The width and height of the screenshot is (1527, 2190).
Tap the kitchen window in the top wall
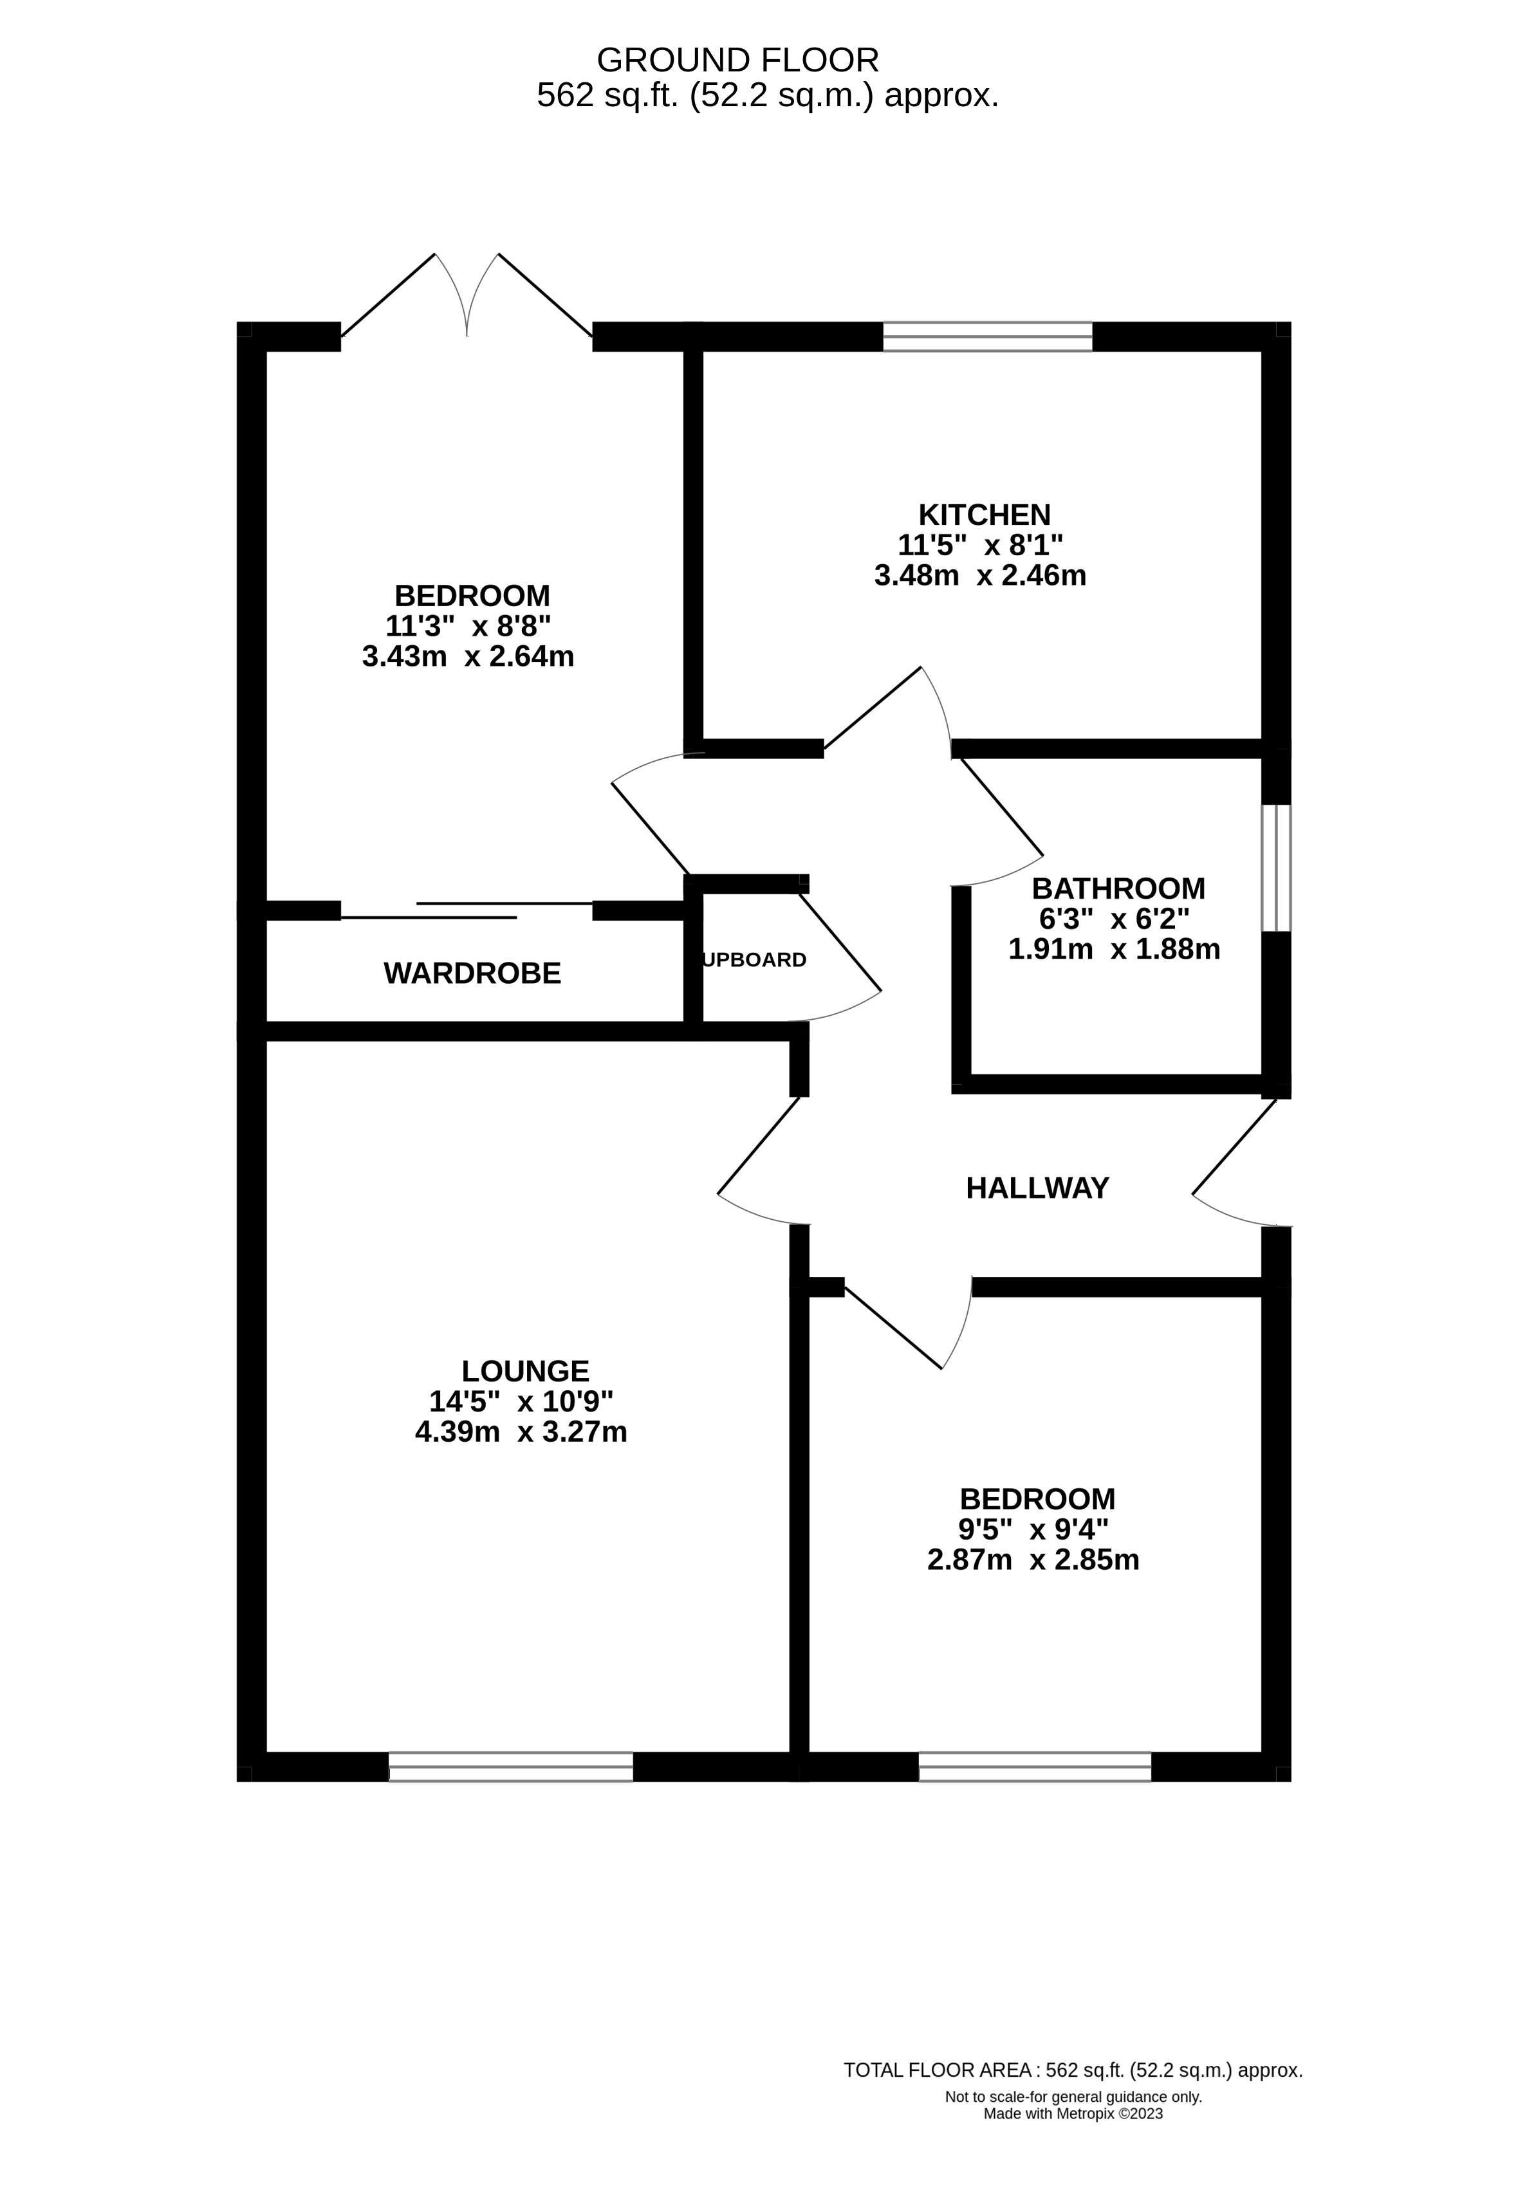[987, 336]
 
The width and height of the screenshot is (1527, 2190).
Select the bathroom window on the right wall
[1275, 867]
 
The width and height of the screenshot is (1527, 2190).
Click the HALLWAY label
[1037, 1188]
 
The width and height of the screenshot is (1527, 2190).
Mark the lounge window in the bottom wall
[510, 1767]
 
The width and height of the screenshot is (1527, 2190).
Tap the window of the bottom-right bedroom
[1035, 1767]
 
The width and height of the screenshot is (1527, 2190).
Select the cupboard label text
[754, 959]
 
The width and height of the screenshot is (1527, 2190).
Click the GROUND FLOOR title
[737, 60]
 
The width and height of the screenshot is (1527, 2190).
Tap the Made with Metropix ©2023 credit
[1073, 2113]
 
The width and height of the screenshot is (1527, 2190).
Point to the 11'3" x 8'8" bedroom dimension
[468, 626]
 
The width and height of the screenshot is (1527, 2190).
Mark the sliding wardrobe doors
[467, 910]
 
